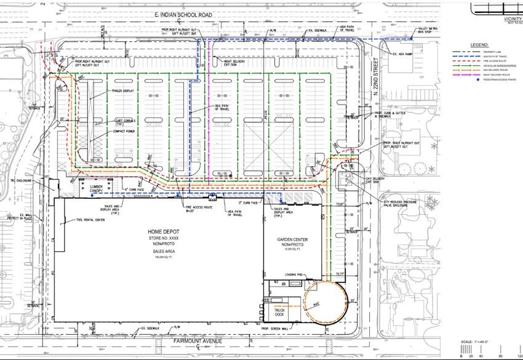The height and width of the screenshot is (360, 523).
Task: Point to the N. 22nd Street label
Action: pos(377,74)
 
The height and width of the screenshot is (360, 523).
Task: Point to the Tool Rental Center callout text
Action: pos(90,220)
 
